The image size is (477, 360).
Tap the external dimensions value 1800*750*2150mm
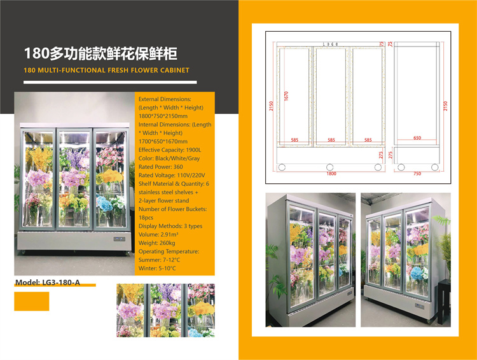163,116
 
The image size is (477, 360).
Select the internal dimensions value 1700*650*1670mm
163,141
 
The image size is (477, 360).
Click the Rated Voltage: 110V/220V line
171,174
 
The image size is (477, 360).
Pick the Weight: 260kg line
158,243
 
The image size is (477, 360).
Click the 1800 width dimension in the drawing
331,173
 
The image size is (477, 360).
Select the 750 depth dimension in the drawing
417,173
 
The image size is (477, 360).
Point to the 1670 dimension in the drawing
287,95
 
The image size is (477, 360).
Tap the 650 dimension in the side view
417,137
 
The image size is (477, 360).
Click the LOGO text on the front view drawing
329,45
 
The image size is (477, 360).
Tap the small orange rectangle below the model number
31,301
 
